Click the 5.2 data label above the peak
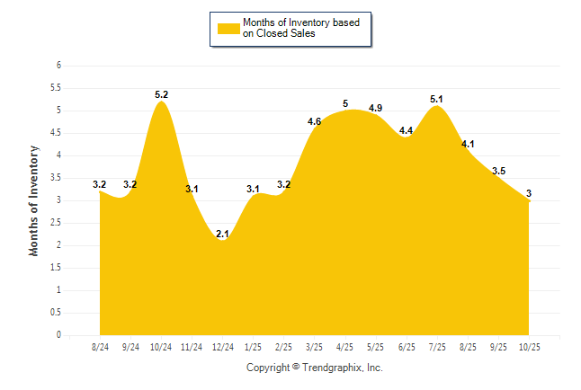pos(161,93)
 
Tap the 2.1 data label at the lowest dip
pos(222,234)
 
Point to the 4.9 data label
pos(375,108)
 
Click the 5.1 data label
pos(437,99)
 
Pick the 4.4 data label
pos(406,130)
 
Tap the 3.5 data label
pos(499,171)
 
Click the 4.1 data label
pos(468,144)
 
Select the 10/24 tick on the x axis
pos(161,346)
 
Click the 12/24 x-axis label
pos(222,346)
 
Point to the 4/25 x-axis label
pos(345,346)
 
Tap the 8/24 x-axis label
pos(100,346)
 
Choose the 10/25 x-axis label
pos(530,346)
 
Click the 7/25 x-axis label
pos(437,346)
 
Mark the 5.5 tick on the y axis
pos(55,88)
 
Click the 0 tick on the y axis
pos(58,335)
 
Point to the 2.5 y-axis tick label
pos(55,223)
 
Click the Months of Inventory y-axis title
pos(34,200)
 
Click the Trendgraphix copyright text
pos(315,368)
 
